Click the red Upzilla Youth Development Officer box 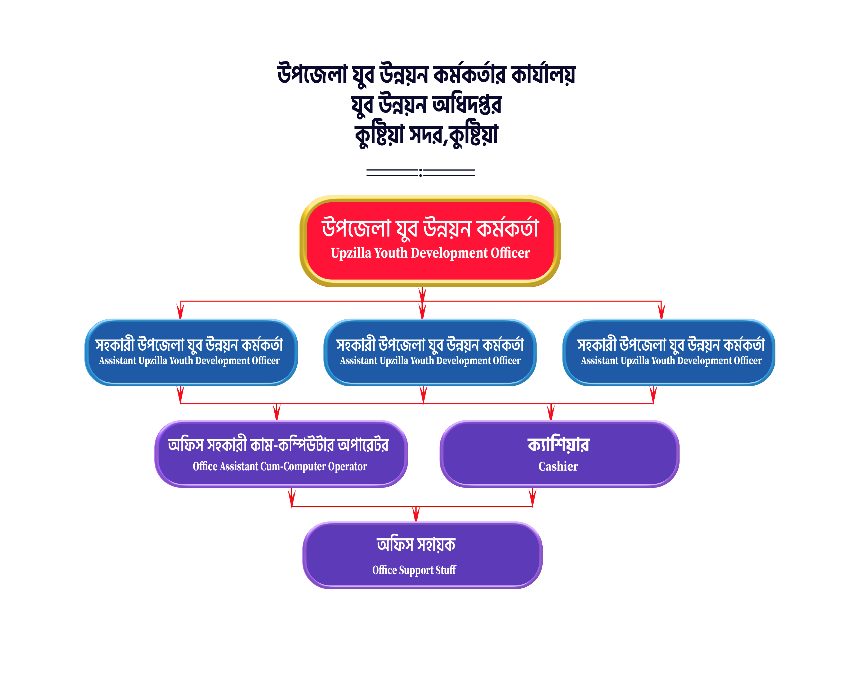[430, 241]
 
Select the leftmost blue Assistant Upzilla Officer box [191, 352]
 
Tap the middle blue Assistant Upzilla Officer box [430, 352]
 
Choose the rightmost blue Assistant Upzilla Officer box [669, 352]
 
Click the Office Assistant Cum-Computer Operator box [281, 454]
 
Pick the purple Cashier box [559, 454]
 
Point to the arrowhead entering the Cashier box [550, 413]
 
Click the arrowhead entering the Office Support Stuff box [416, 514]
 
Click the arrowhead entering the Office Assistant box [277, 413]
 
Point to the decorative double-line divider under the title [421, 172]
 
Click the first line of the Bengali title [426, 74]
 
